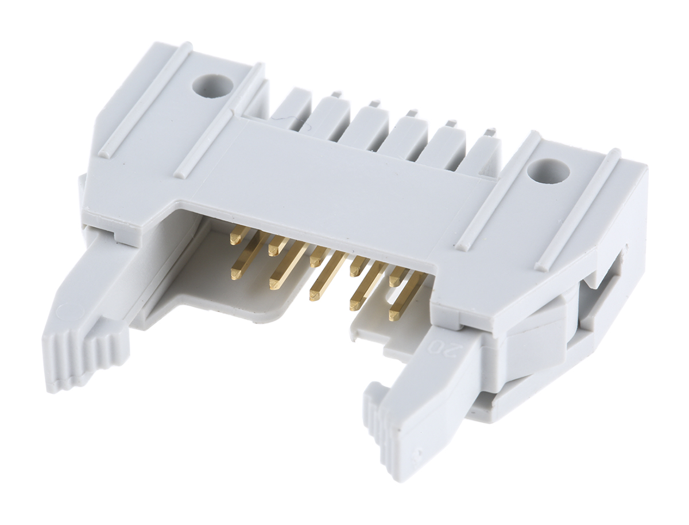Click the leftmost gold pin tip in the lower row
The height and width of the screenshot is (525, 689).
pos(236,274)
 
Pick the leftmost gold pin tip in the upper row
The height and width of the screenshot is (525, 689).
pos(235,240)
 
